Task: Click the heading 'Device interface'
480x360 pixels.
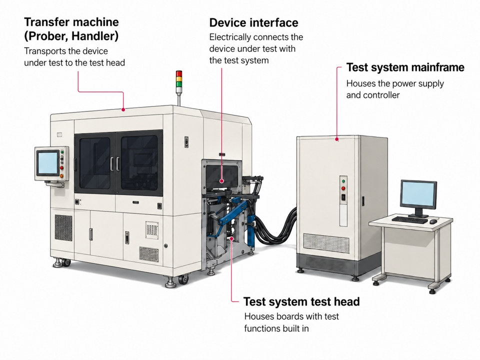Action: [253, 22]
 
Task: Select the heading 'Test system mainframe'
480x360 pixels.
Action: [405, 67]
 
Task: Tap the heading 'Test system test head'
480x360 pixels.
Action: [301, 302]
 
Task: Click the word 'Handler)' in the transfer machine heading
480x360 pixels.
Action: [95, 36]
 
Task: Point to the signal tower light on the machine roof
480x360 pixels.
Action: [179, 78]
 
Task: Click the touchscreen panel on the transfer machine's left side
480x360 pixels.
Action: [47, 163]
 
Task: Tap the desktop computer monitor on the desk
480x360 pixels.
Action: [418, 196]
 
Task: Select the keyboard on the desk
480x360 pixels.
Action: [409, 220]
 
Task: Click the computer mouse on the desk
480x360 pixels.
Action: [433, 221]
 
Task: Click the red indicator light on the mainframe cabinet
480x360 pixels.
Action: [343, 188]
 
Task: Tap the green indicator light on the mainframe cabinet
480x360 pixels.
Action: [343, 181]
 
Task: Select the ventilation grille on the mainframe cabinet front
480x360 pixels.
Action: [326, 243]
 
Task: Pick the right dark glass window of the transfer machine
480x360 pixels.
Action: [139, 163]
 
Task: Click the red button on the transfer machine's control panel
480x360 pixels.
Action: [62, 168]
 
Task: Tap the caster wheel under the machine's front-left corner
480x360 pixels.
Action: [66, 262]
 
